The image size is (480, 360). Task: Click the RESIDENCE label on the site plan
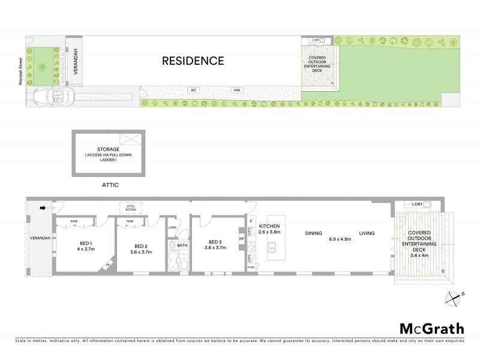(193, 61)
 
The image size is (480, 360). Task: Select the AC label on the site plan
(193, 90)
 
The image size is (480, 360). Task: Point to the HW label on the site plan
(237, 90)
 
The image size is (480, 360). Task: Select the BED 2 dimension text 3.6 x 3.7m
(140, 252)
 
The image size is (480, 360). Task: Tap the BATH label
(181, 245)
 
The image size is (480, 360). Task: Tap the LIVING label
(367, 233)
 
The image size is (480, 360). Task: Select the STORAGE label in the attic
(109, 149)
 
